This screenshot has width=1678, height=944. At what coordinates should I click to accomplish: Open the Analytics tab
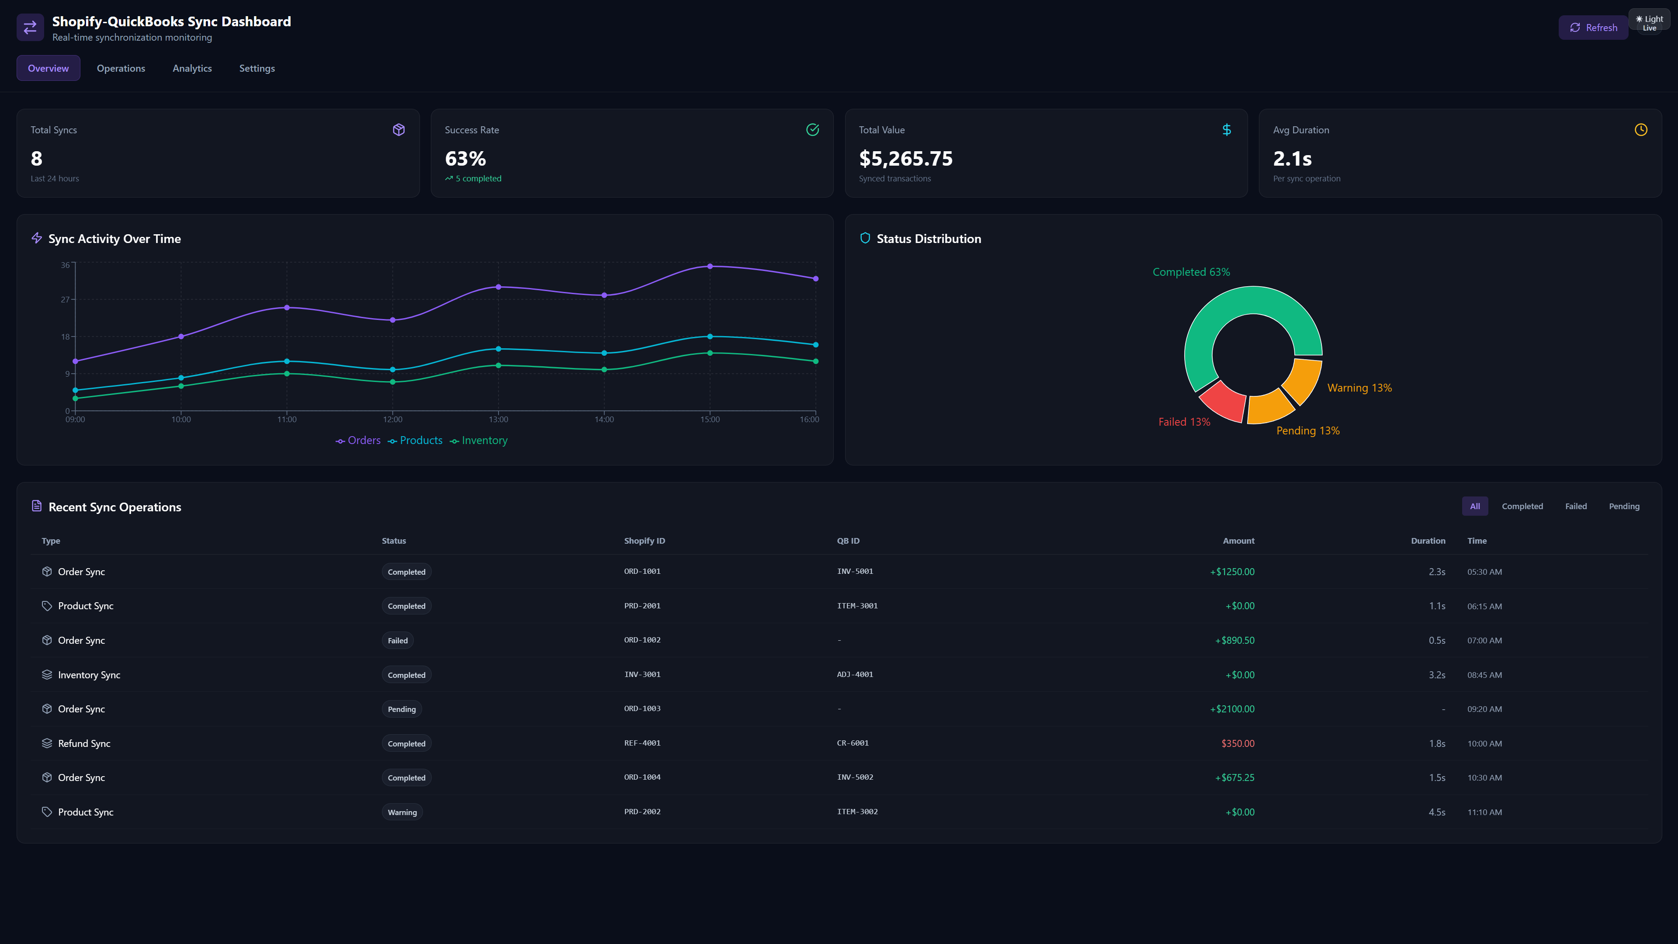coord(192,69)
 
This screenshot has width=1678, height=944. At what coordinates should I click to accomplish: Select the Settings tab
coord(257,69)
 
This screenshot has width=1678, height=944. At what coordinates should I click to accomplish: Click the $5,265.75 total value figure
coord(905,158)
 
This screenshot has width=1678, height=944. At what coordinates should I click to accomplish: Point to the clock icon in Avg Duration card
coord(1640,130)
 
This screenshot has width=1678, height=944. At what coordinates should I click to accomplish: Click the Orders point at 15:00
coord(710,267)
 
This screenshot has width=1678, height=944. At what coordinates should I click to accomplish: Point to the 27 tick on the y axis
coord(65,300)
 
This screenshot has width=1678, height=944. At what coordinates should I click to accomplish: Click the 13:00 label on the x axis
coord(498,420)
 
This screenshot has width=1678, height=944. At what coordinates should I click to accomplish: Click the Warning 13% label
coord(1359,388)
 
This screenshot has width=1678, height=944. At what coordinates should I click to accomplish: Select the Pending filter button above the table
coord(1623,506)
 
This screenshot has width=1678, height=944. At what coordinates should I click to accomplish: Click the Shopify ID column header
coord(644,541)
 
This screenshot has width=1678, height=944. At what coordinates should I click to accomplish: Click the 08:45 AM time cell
coord(1484,675)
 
